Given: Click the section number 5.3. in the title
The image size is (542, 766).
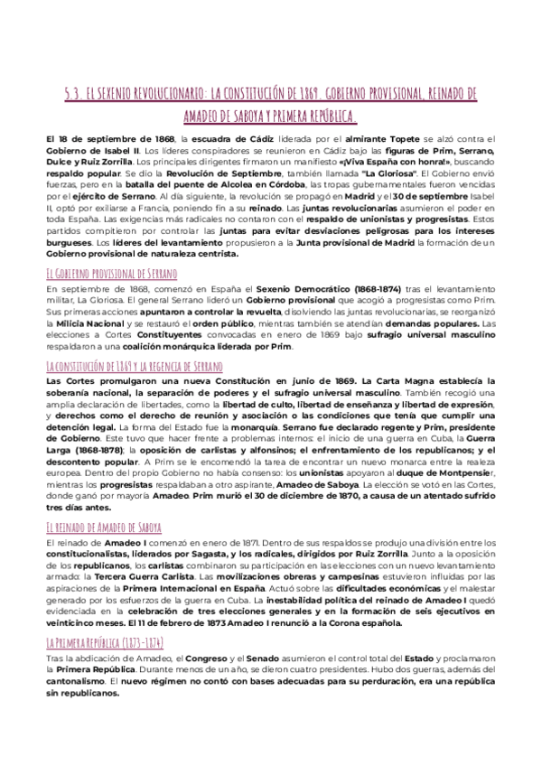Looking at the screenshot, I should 75,94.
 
